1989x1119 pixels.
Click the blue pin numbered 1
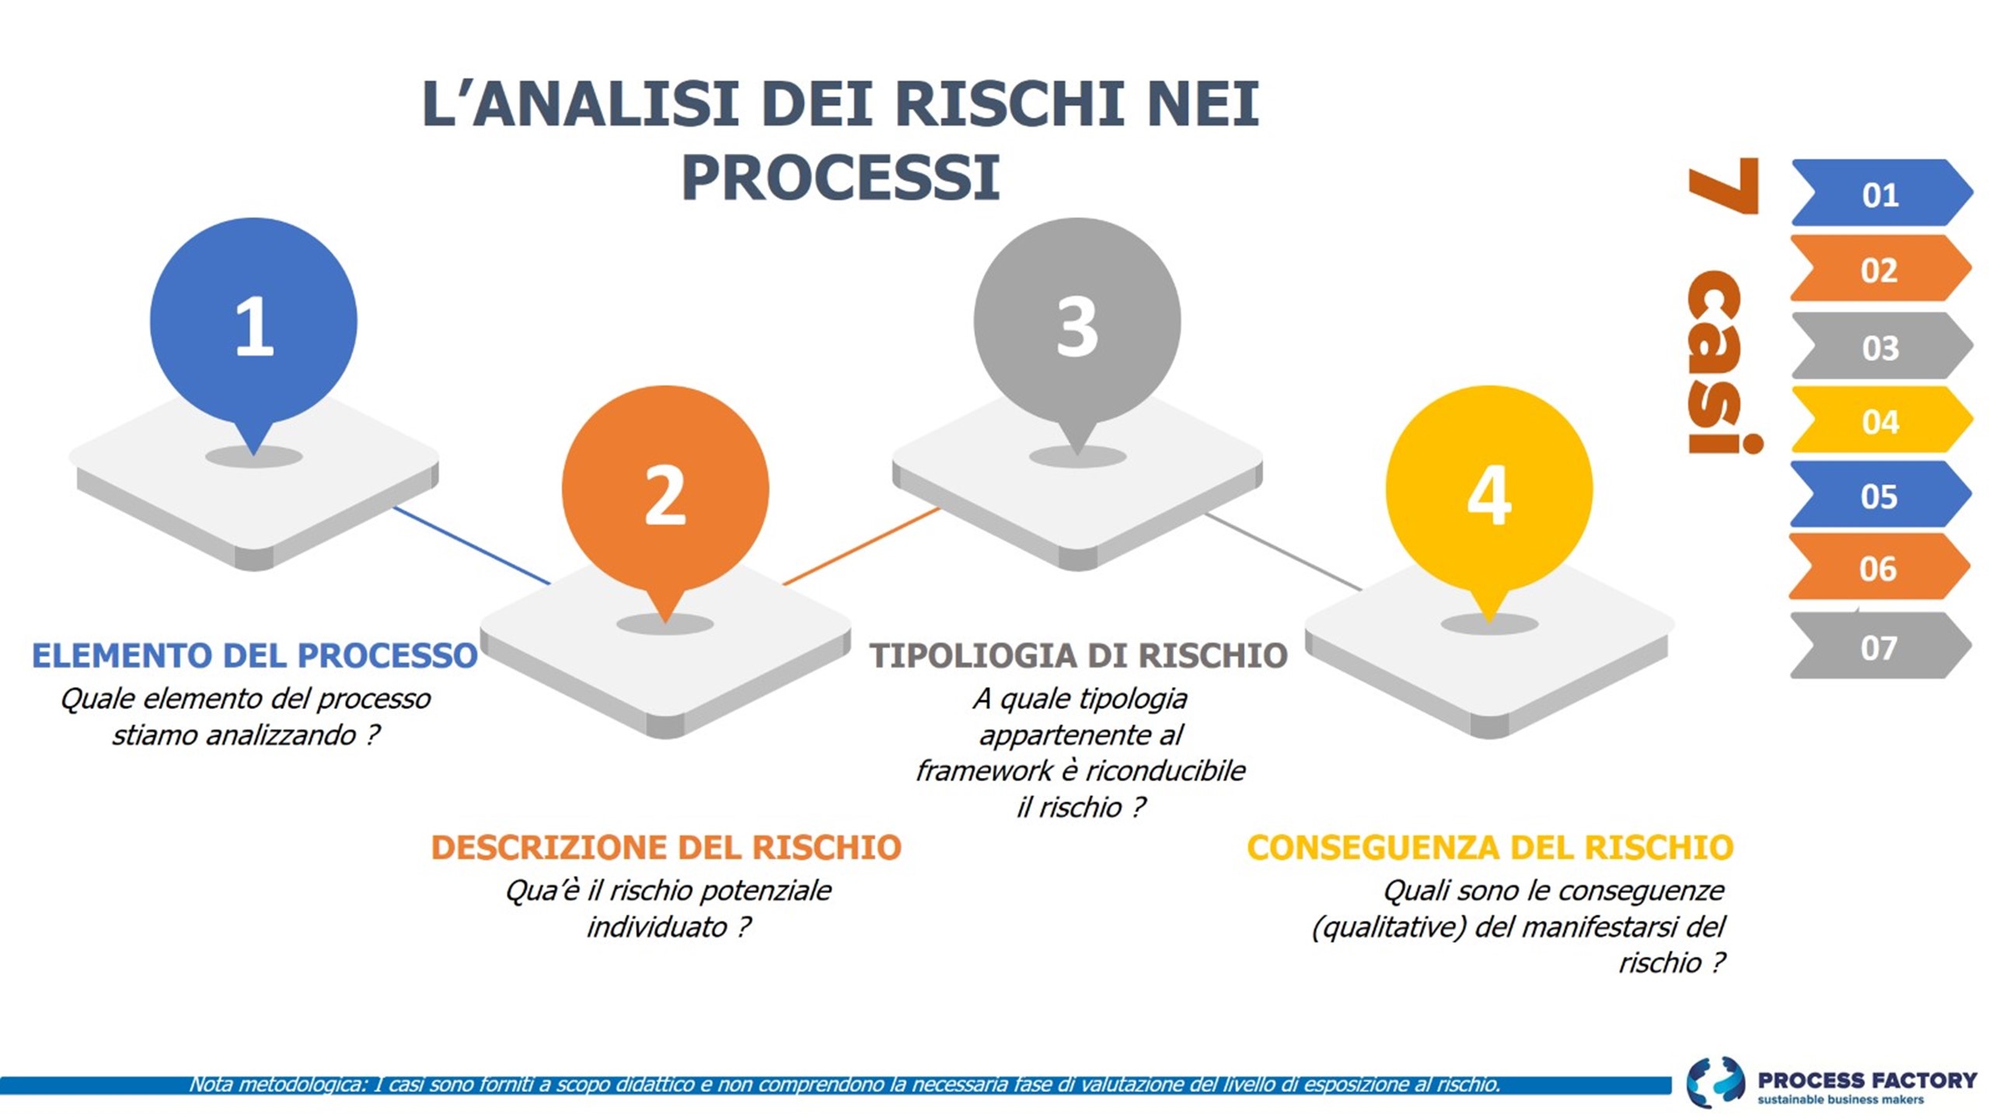pyautogui.click(x=253, y=326)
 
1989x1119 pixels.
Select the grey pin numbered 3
pyautogui.click(x=1077, y=326)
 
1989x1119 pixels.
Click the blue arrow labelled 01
pyautogui.click(x=1881, y=193)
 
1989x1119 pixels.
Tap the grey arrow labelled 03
pyautogui.click(x=1881, y=346)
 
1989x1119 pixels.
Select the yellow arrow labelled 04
pyautogui.click(x=1881, y=420)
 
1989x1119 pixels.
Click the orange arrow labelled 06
pyautogui.click(x=1879, y=567)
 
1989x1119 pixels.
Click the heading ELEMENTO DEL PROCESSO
pyautogui.click(x=254, y=655)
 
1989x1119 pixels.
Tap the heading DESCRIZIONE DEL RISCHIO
pyautogui.click(x=666, y=847)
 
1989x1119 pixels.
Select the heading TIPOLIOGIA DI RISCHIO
pyautogui.click(x=1078, y=655)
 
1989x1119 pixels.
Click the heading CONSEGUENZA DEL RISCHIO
pyautogui.click(x=1490, y=847)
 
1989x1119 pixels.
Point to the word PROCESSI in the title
pyautogui.click(x=840, y=178)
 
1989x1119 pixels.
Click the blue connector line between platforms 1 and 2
pyautogui.click(x=472, y=545)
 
